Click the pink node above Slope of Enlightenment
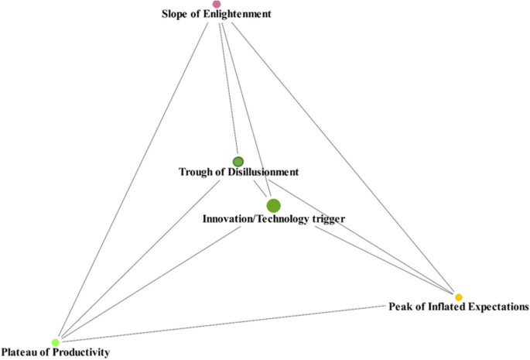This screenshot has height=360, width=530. coord(217,4)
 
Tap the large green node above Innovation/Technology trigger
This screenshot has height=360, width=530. coord(273,205)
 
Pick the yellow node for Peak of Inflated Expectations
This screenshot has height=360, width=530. coord(459,297)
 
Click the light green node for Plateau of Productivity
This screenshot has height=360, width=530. coord(56,342)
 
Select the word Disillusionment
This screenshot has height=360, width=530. coord(262,172)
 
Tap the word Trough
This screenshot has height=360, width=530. coord(195,172)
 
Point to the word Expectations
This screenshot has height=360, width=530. coord(497,307)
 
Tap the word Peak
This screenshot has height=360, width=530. coord(399,307)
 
